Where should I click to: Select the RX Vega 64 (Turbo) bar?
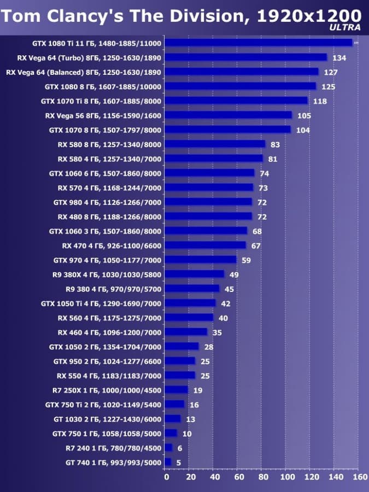click(x=245, y=57)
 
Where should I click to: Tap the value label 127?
click(x=330, y=72)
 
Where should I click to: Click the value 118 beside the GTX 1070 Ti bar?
click(x=320, y=101)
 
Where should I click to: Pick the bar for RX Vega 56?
click(x=228, y=115)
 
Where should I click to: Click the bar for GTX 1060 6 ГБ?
click(x=209, y=173)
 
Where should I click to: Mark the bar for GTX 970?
click(x=200, y=260)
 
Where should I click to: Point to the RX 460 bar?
click(x=186, y=332)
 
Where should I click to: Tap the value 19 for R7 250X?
click(x=197, y=390)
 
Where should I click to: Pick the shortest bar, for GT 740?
click(x=168, y=462)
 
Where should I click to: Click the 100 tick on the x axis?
click(x=288, y=477)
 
